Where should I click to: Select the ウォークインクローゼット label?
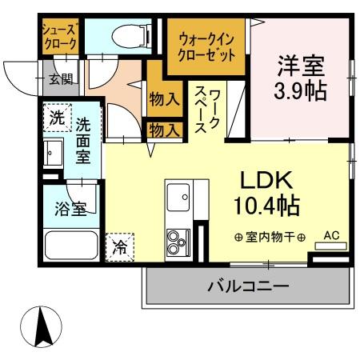click(x=206, y=48)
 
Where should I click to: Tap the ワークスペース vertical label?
click(x=210, y=110)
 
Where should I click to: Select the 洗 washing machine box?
click(x=57, y=117)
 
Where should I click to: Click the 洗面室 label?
click(x=84, y=140)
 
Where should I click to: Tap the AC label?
click(x=330, y=236)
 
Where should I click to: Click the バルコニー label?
click(x=248, y=285)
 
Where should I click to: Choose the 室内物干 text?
click(x=270, y=237)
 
